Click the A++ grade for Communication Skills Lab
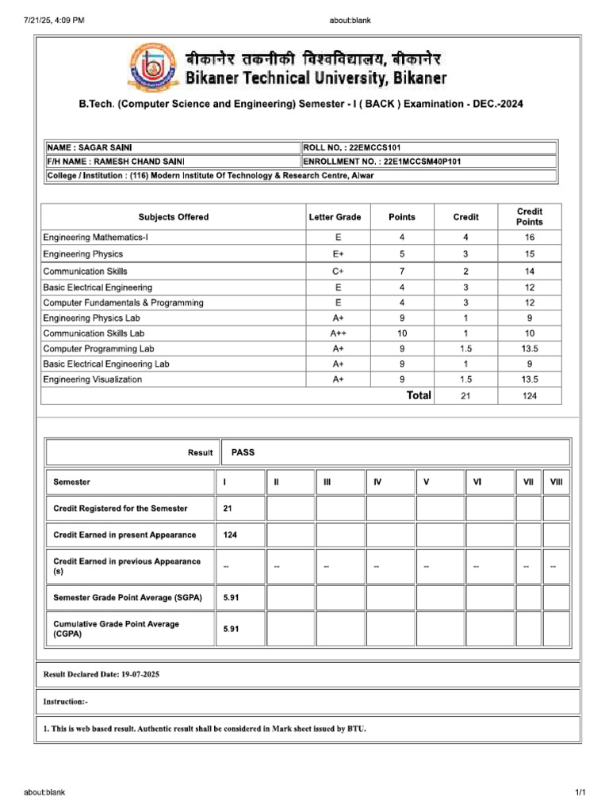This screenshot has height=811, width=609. coord(338,333)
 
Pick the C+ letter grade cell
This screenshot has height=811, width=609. coord(338,272)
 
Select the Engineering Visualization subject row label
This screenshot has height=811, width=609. coord(93,379)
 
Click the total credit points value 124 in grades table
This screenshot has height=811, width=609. coord(530,395)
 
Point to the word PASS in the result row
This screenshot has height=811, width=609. coord(243,452)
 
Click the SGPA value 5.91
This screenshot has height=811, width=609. coord(232,597)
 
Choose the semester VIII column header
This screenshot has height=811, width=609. coord(556,482)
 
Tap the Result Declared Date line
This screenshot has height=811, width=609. coord(103,674)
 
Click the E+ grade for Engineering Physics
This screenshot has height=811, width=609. coord(338,254)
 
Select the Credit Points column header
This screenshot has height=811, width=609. coord(530,217)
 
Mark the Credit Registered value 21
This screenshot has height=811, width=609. coord(228,508)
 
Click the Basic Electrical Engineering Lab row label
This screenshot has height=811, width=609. coord(106,364)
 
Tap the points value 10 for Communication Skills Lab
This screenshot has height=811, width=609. coord(401,333)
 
